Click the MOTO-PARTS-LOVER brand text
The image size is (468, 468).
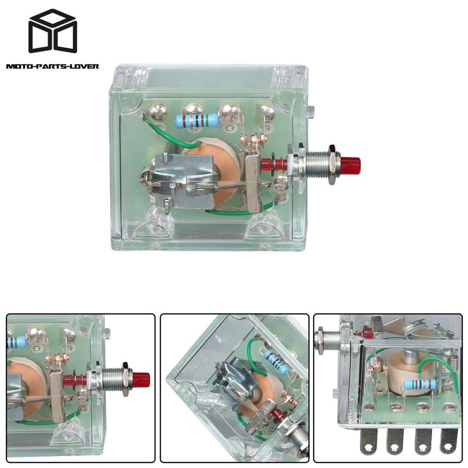tap(52, 66)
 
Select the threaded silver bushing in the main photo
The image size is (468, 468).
tap(319, 164)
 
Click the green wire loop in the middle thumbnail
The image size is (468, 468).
tap(253, 351)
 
